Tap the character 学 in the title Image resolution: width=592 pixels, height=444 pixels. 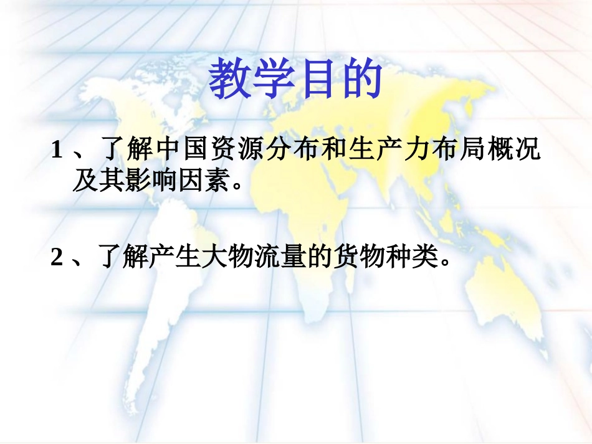(272, 80)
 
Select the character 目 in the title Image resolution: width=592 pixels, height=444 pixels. (316, 80)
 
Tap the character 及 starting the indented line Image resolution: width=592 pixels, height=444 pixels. (84, 181)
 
